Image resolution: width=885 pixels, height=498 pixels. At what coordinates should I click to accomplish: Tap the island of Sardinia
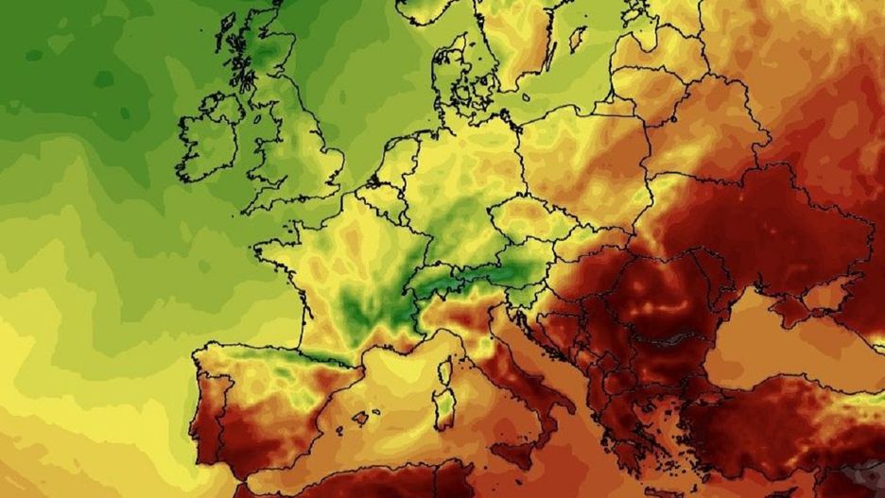click(443, 402)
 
